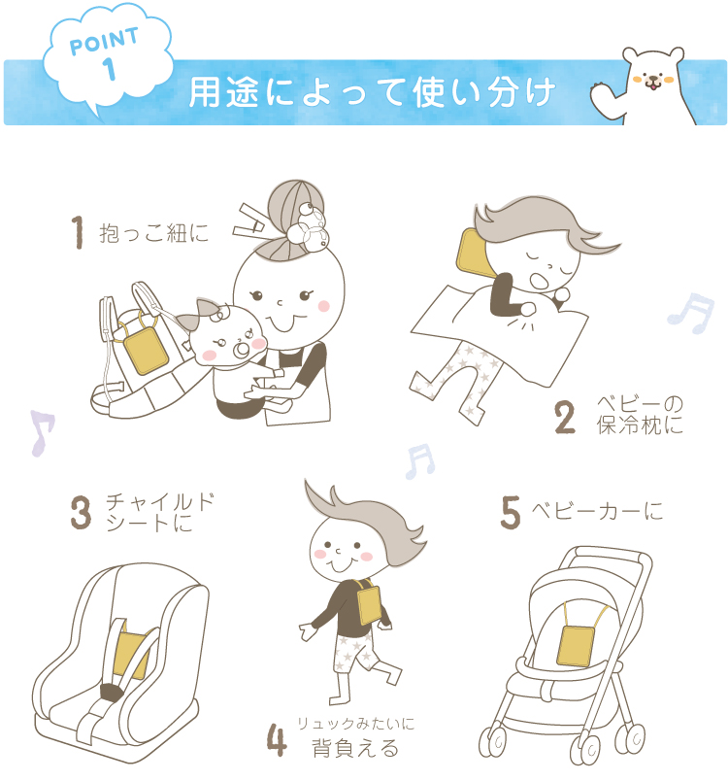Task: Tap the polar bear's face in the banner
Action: coord(652,74)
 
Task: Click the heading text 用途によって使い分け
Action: coord(372,92)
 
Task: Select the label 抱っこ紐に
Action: coord(153,233)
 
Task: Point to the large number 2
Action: coord(565,418)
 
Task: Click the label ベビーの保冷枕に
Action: coord(640,415)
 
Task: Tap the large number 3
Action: coord(81,512)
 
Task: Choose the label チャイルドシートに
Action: coord(159,513)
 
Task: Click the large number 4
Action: coord(277,739)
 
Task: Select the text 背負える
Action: coord(355,748)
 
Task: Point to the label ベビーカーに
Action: coord(597,511)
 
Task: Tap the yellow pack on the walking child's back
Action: coord(369,604)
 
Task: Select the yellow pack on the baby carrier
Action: coord(145,351)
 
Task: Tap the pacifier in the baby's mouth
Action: coord(243,350)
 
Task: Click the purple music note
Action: coord(43,432)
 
